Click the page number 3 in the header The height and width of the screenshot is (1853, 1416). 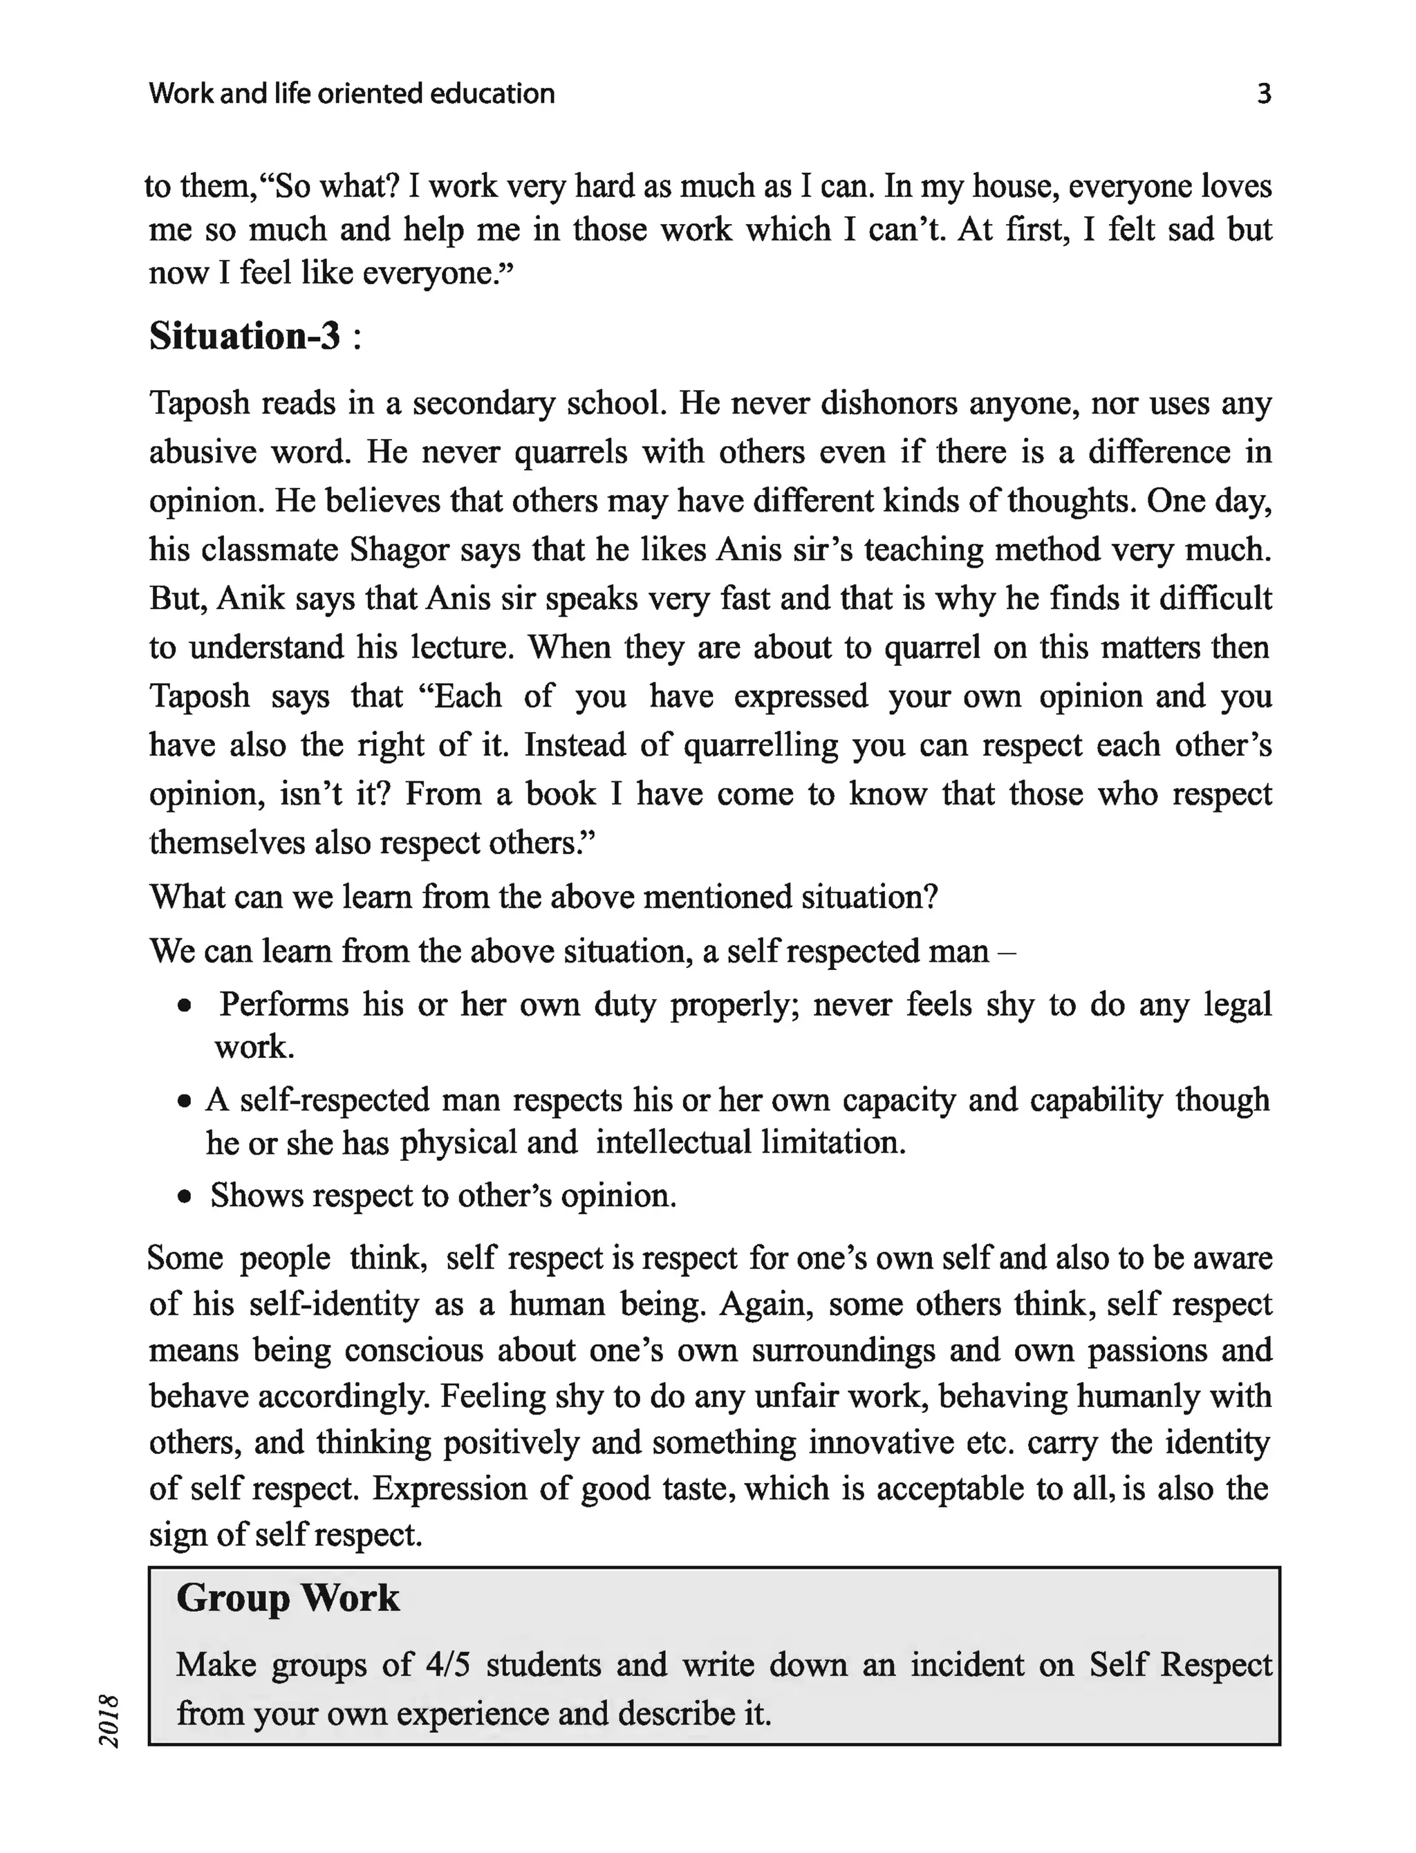coord(1263,93)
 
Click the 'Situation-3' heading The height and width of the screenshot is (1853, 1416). coord(245,336)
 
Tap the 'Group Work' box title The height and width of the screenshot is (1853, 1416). coord(288,1598)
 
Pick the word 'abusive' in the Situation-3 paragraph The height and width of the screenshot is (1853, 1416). coord(203,452)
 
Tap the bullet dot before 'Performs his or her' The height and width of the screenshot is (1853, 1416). coord(185,1007)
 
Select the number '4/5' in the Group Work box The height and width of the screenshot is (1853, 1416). coord(447,1665)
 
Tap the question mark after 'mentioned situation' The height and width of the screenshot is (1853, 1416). coord(930,897)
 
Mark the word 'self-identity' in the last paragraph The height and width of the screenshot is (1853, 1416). coord(334,1303)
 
